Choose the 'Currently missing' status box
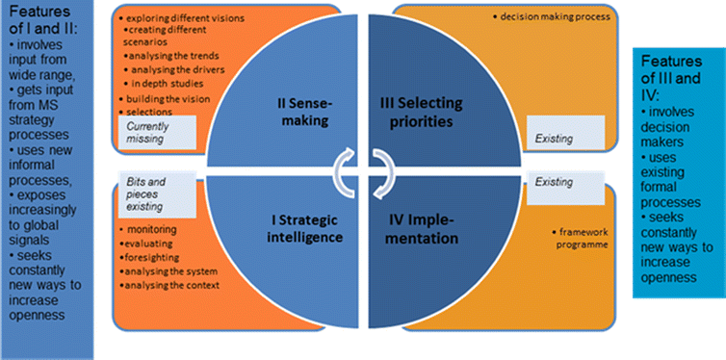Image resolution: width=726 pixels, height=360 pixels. pos(160,133)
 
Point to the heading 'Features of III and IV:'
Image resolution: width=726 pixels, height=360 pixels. pos(677,75)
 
